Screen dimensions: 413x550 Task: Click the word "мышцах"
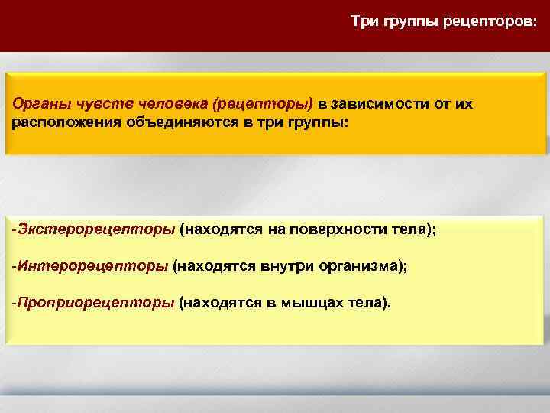pos(309,303)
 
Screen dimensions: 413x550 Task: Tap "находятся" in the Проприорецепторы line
pos(219,303)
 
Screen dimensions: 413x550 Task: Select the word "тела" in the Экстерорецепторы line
pos(407,229)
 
